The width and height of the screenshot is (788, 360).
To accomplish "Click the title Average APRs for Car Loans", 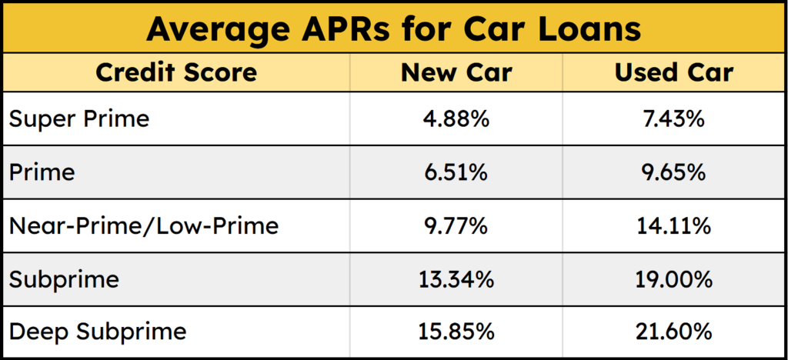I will (x=393, y=29).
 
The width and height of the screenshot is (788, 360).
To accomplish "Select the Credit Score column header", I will (x=176, y=72).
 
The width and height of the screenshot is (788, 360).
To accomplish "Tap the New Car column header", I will (x=456, y=72).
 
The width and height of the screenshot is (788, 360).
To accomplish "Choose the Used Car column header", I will (x=673, y=72).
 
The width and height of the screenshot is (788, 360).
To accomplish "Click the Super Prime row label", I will (x=78, y=119).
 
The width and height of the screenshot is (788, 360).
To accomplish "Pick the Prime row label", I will (x=42, y=172).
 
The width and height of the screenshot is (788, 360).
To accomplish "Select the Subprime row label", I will (x=64, y=278).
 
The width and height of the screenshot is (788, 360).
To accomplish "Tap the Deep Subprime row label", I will (x=98, y=332).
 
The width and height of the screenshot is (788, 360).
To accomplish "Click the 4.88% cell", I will (x=456, y=119).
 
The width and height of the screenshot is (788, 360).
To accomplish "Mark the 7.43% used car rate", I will (x=673, y=119).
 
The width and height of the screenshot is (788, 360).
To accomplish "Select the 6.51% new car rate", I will (x=456, y=172).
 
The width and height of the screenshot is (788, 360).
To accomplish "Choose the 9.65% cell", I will (x=673, y=172).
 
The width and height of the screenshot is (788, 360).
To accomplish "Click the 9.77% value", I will (x=456, y=225).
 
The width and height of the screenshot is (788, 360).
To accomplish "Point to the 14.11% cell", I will (x=673, y=225).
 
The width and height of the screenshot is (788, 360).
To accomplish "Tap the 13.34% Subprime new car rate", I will (x=456, y=278).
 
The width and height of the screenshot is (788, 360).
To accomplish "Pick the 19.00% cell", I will (x=673, y=278).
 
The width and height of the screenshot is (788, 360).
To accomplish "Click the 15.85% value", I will (x=456, y=332).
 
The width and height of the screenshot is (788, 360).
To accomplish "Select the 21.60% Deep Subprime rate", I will (x=673, y=332).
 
